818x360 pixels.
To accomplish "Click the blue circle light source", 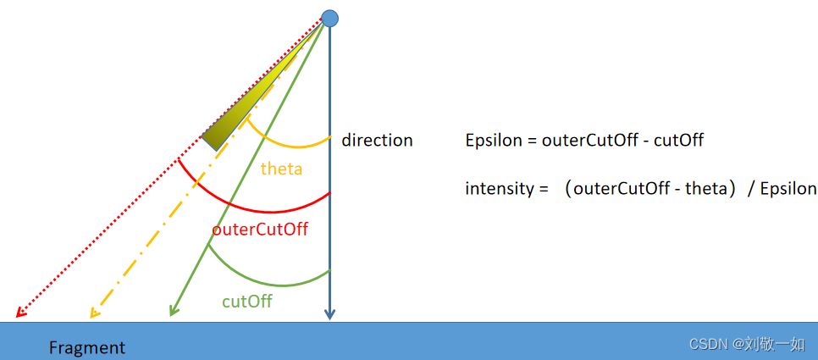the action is point(329,18).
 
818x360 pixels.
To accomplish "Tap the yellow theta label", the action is point(281,169).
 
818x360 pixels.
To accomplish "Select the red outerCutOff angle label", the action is point(260,229).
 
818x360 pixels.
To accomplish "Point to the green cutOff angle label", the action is point(246,301).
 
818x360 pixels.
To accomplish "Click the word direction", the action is point(377,141).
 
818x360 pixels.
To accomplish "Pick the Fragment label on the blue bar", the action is point(87,347).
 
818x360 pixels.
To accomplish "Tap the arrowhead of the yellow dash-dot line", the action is point(95,313).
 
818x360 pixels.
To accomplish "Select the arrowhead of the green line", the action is point(173,311).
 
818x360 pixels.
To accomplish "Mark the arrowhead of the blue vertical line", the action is point(329,315).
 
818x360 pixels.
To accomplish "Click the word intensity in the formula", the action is point(495,189).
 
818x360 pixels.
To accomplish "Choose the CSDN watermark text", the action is point(746,343).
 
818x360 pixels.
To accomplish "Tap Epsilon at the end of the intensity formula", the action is point(788,189).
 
